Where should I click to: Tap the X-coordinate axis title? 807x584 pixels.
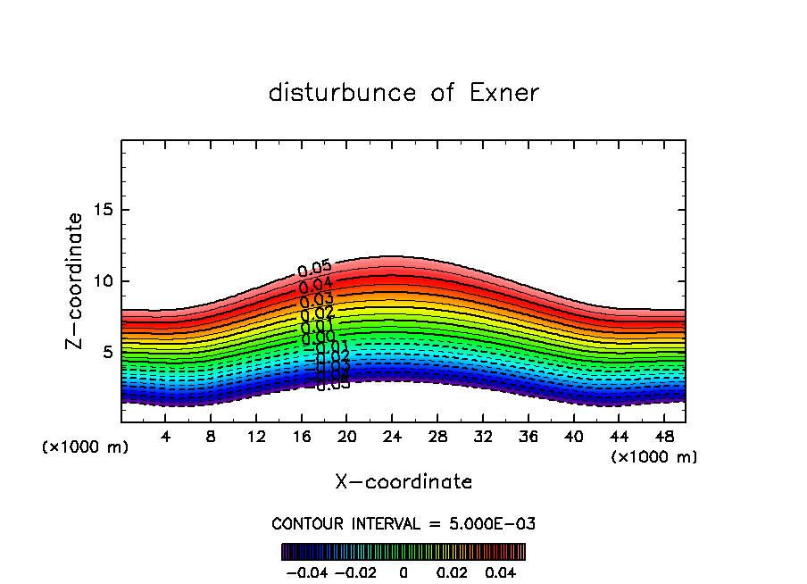pos(403,482)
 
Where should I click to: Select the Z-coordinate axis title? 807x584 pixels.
pos(76,280)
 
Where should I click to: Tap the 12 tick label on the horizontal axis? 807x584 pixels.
pos(256,438)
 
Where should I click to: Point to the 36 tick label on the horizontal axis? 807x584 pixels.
pos(528,438)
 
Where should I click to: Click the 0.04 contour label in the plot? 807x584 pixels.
pos(316,286)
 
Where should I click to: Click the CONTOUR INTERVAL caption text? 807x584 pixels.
pos(403,523)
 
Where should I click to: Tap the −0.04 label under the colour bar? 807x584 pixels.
pos(307,571)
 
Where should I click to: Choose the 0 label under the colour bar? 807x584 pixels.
pos(403,571)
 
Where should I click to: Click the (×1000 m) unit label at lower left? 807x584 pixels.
pos(86,447)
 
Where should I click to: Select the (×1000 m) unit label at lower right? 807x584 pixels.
pos(654,457)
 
